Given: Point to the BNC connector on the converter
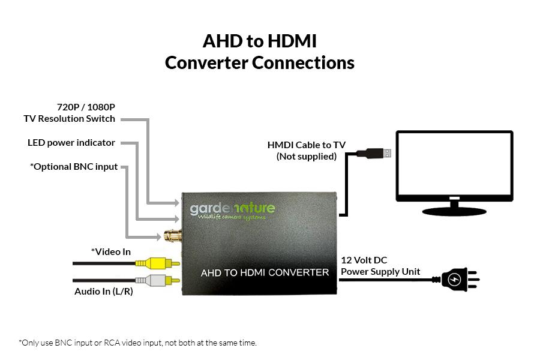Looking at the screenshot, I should coord(171,235).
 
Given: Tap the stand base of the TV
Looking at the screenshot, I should coord(455,211).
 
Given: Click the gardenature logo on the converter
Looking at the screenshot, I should coord(233,211).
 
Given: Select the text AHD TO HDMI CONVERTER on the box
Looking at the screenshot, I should coord(265,272).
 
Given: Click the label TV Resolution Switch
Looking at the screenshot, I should coord(70,119).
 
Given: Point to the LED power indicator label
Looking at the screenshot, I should coord(71,143).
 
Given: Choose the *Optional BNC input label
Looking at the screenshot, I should coord(74,166).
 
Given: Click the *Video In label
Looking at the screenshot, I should coord(111,252).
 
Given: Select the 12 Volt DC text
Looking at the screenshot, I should coord(364,260).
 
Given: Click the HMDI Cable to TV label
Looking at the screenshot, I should coord(307,145).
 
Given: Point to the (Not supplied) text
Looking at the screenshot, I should coord(307,157).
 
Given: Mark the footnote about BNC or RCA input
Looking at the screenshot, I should coord(138,343).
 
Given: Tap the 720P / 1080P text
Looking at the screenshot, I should coord(86,107).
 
